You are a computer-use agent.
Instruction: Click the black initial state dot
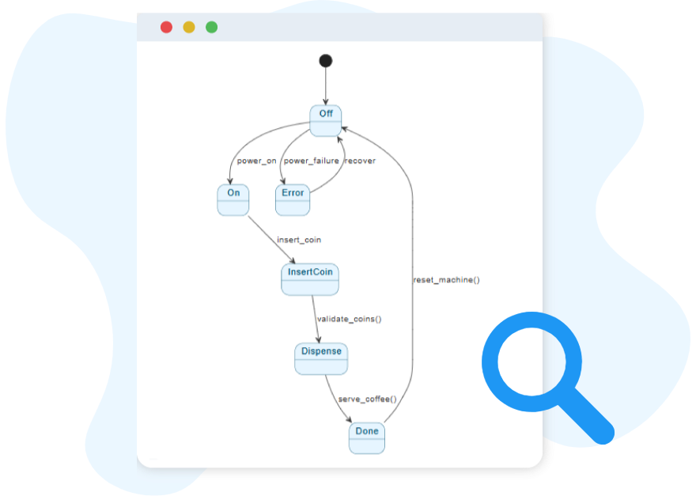pos(325,61)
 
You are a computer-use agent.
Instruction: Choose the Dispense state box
pos(321,358)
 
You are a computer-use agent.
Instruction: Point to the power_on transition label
pos(256,161)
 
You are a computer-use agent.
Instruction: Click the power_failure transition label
pos(311,161)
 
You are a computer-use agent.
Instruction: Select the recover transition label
pos(360,161)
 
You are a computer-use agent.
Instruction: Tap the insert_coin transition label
pos(299,240)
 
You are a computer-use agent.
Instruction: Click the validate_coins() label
pos(349,319)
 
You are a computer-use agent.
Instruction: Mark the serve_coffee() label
pos(367,399)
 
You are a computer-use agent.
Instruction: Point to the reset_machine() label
pos(447,279)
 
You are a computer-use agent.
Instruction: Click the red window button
pos(166,27)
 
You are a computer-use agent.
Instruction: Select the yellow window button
pos(189,27)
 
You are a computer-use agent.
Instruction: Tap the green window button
pos(212,27)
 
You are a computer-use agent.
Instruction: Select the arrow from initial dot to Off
pos(325,85)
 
